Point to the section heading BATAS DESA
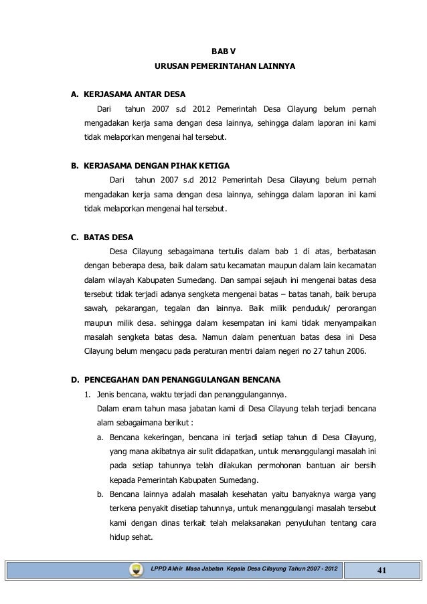[108, 237]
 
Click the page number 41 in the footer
[382, 569]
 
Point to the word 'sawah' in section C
[94, 308]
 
